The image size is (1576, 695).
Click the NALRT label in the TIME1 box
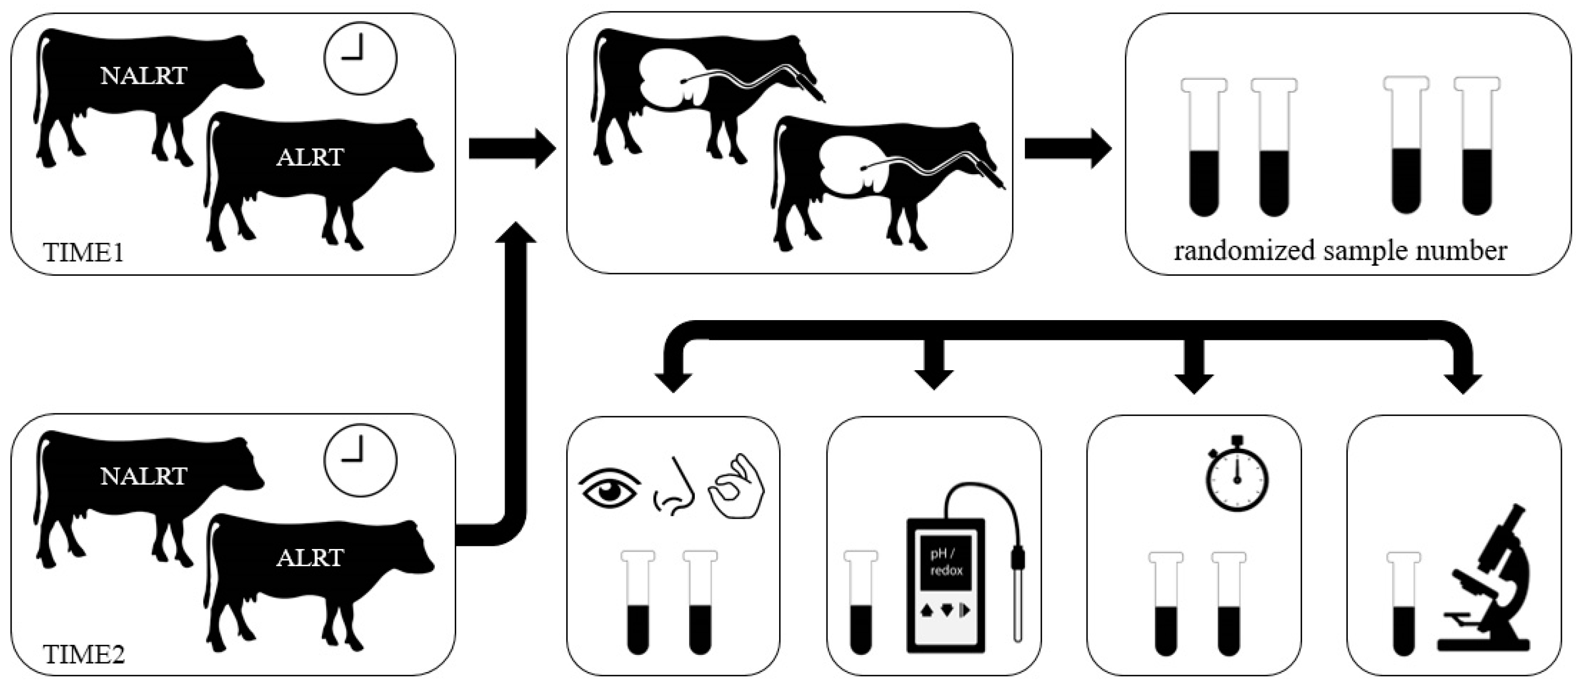(143, 76)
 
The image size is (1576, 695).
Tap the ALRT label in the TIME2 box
(309, 558)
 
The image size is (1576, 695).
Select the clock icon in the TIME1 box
(360, 58)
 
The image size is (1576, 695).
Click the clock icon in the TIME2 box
(360, 460)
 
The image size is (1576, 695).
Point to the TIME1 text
(84, 252)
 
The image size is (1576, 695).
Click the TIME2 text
(84, 654)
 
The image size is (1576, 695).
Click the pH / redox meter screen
(946, 562)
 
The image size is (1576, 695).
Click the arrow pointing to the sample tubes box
(1068, 149)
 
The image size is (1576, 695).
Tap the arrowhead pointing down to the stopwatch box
(1194, 381)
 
